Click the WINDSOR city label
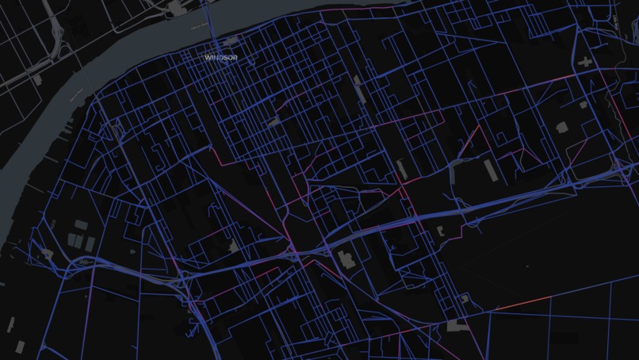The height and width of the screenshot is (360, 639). point(220,58)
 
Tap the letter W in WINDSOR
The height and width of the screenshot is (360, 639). point(207,58)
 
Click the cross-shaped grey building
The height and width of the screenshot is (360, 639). point(586,61)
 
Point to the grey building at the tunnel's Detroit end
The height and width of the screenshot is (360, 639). point(174,8)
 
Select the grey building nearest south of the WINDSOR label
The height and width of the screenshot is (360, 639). point(273,122)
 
